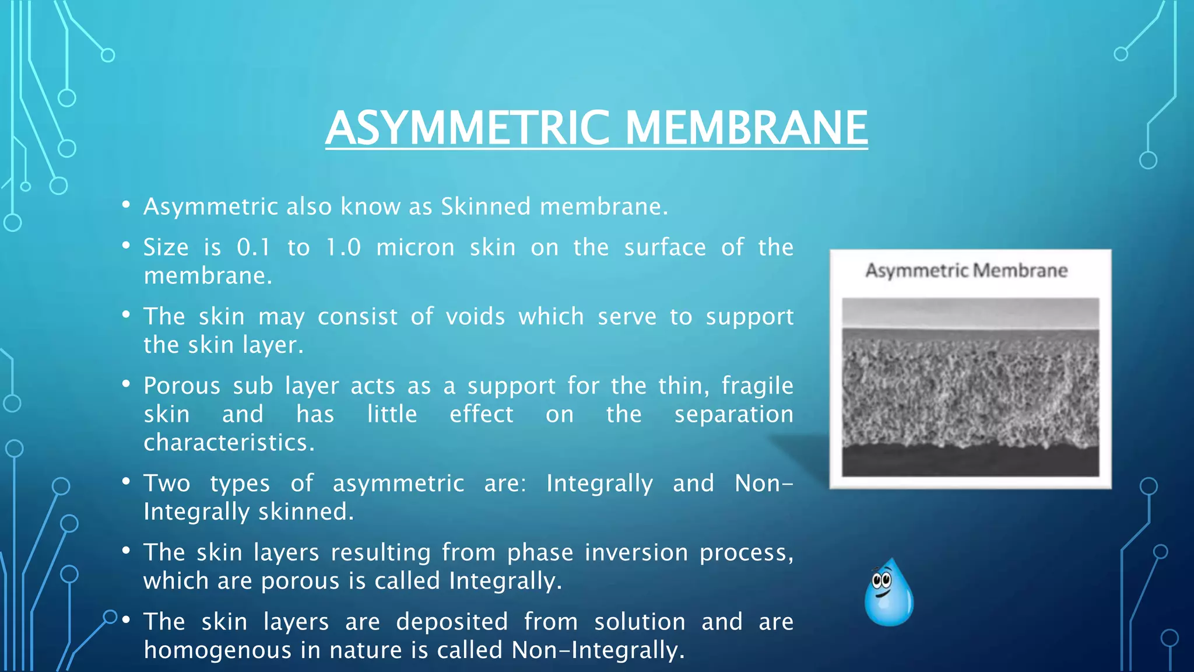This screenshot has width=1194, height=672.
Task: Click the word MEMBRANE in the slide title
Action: pyautogui.click(x=746, y=128)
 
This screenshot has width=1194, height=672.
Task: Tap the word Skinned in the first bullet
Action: pyautogui.click(x=486, y=206)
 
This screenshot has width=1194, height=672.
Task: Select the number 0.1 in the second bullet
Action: pyautogui.click(x=254, y=247)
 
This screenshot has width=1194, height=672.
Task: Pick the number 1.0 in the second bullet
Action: pyautogui.click(x=343, y=247)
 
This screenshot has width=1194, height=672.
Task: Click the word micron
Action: pyautogui.click(x=415, y=247)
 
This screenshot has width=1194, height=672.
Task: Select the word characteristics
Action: pyautogui.click(x=229, y=443)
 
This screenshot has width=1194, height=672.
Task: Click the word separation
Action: pyautogui.click(x=733, y=414)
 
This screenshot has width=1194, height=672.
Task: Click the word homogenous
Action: pyautogui.click(x=217, y=650)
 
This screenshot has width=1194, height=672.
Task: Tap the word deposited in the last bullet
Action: pyautogui.click(x=452, y=622)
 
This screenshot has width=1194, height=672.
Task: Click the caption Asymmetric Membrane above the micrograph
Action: pyautogui.click(x=966, y=271)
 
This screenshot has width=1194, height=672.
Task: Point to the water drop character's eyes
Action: pyautogui.click(x=882, y=580)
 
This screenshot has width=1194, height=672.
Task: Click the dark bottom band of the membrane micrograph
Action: pyautogui.click(x=970, y=461)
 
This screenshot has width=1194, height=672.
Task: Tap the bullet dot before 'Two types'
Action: pyautogui.click(x=126, y=482)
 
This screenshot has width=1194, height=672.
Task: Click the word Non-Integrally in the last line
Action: pyautogui.click(x=597, y=650)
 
